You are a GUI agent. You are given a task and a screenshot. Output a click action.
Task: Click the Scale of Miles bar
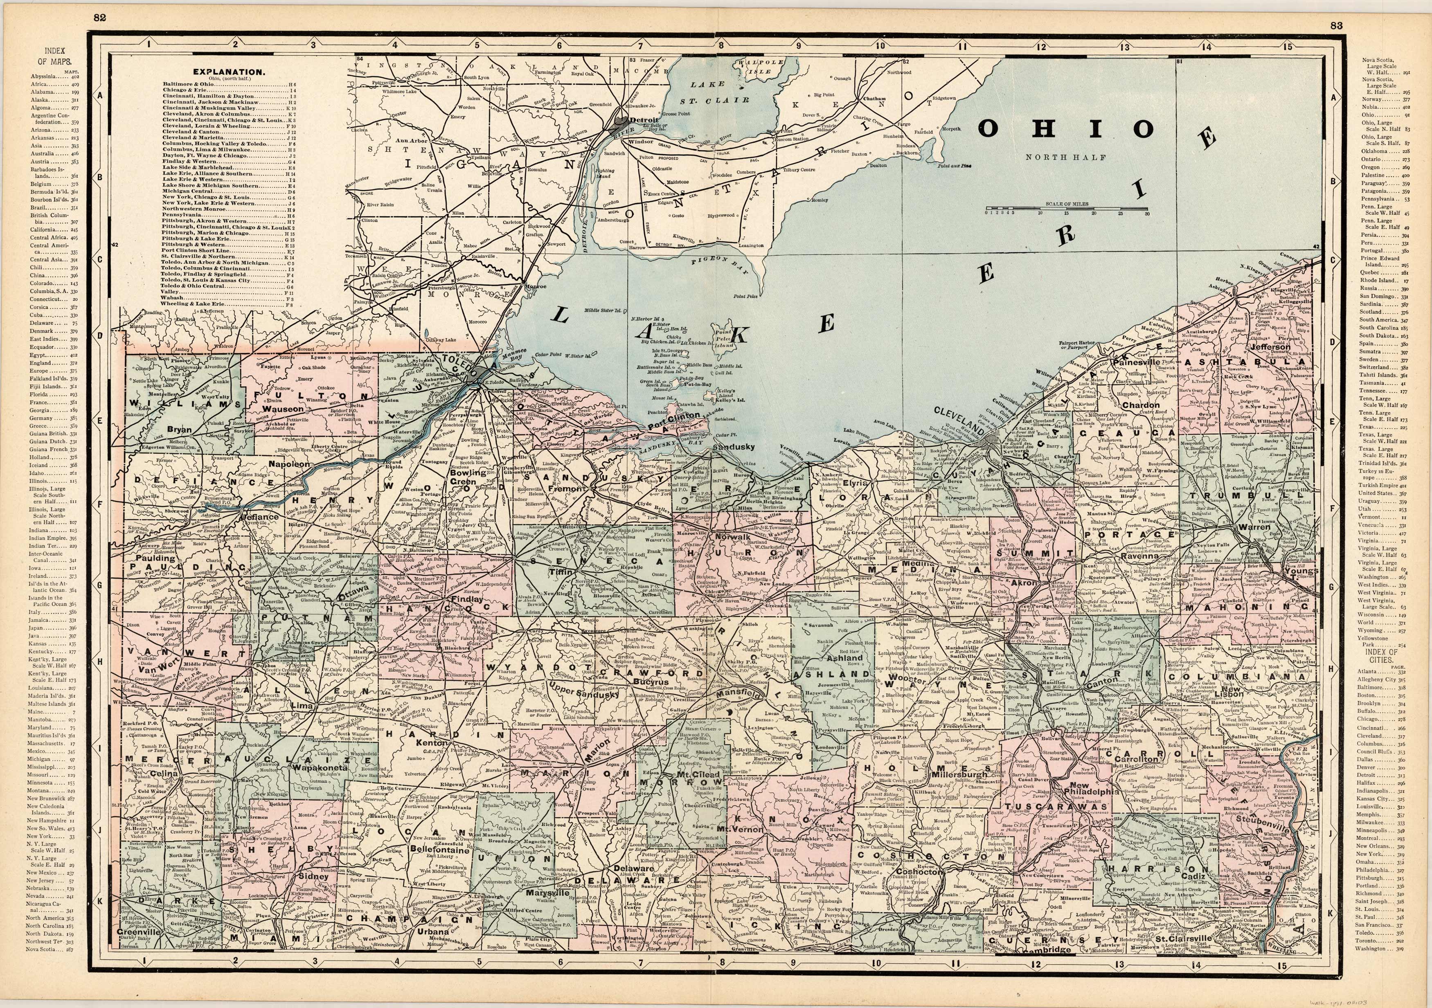[1067, 208]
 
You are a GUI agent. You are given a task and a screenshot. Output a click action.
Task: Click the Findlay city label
[467, 599]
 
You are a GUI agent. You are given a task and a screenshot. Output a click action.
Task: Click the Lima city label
[302, 705]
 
